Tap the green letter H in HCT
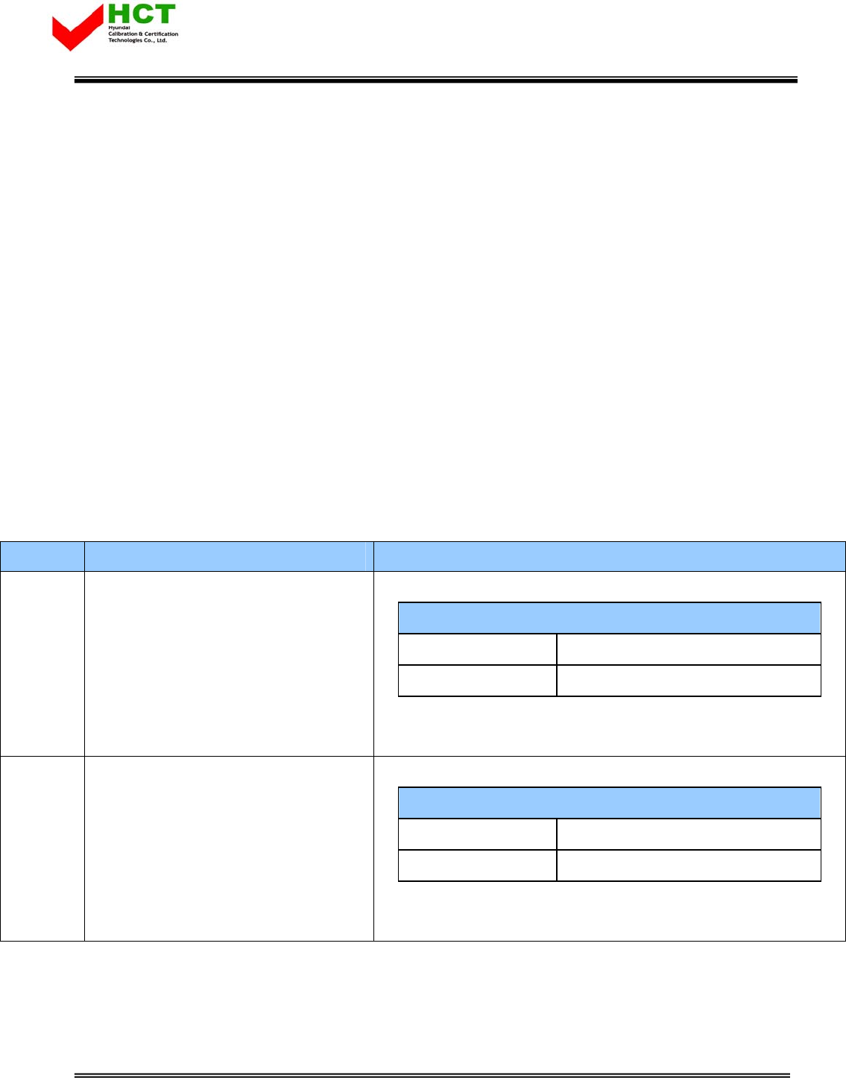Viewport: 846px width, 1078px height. (119, 14)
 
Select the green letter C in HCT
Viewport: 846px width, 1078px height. (141, 14)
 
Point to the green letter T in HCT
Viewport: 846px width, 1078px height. (164, 14)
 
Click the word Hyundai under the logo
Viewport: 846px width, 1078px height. (119, 28)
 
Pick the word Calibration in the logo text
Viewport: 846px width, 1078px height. (123, 34)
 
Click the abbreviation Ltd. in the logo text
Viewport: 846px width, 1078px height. (162, 40)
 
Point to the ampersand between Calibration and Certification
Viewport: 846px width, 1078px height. (141, 34)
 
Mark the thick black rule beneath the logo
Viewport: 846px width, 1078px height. (435, 80)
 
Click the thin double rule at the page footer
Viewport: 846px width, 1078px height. (432, 1075)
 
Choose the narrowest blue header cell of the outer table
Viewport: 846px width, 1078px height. (42, 556)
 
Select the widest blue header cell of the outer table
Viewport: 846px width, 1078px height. (609, 556)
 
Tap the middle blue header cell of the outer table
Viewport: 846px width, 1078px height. (228, 556)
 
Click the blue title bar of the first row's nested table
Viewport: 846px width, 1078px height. (609, 618)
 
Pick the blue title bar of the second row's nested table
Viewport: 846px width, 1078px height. (609, 803)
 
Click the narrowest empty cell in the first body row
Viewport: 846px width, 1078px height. (42, 663)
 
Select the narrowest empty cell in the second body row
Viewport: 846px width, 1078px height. (42, 848)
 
